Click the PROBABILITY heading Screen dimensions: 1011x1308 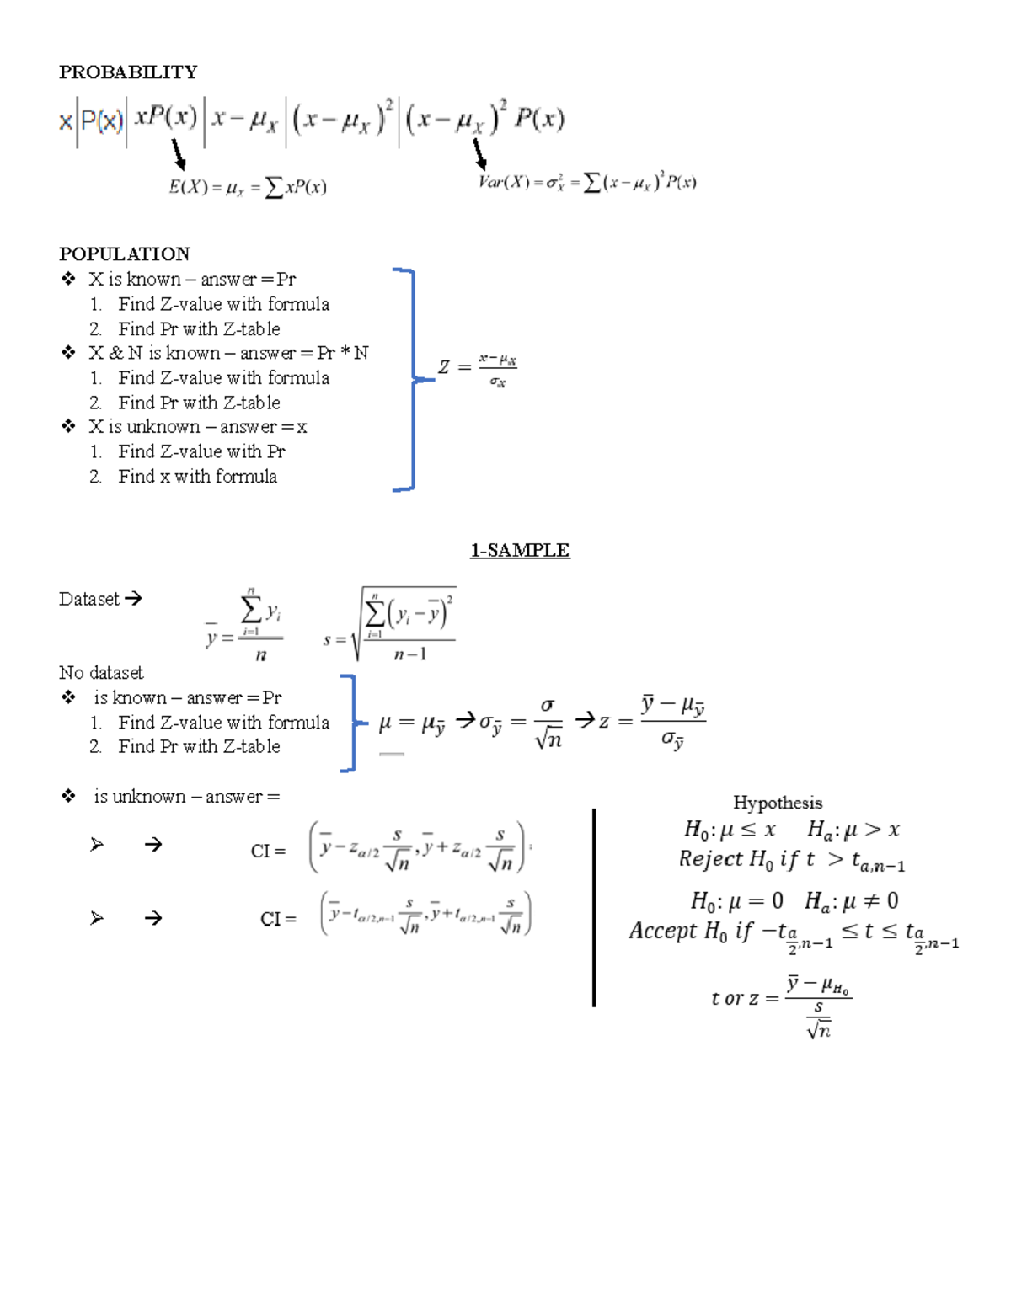pos(128,72)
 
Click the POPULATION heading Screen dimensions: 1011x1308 pos(125,254)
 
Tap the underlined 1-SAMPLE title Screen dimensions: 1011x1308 pos(520,551)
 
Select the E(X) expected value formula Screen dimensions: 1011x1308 pos(248,187)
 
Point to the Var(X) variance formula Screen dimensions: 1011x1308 pos(587,182)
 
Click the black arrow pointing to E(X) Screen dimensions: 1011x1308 pos(178,154)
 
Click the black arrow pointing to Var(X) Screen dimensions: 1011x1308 pos(479,153)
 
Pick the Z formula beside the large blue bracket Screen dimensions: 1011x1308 pos(478,370)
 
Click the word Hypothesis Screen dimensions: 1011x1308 pos(777,803)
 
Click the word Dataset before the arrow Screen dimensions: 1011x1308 pos(89,600)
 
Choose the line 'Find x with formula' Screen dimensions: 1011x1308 pos(197,477)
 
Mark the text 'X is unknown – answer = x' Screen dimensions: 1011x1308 pos(198,427)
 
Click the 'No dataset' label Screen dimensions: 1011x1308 pos(101,673)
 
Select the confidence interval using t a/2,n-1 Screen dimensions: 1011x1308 pos(425,915)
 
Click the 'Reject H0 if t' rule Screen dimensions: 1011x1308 pos(791,860)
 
